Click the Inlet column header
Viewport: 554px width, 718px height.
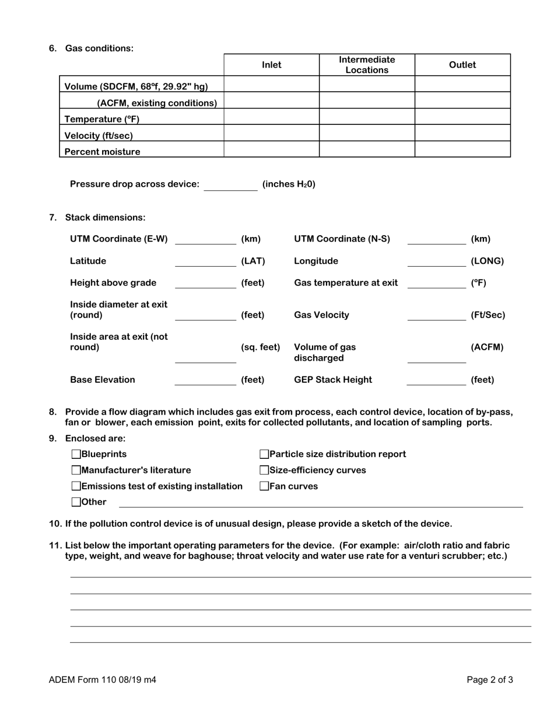(x=271, y=65)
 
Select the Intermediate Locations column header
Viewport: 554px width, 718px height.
(x=367, y=65)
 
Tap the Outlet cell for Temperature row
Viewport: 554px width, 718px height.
(x=462, y=117)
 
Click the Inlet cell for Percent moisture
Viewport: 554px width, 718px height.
(x=271, y=149)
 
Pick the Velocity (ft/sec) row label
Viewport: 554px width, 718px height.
(x=99, y=136)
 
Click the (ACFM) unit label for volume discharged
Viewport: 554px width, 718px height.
(x=487, y=347)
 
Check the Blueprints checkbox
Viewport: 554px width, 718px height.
(x=76, y=454)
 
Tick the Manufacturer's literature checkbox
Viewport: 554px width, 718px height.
(x=76, y=470)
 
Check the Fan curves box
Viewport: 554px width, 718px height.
(x=264, y=486)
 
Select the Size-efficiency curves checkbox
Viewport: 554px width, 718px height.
(x=264, y=470)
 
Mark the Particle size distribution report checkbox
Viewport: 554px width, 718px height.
(x=264, y=454)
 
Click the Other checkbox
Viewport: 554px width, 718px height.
(x=76, y=501)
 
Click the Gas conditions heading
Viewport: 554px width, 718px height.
(x=99, y=48)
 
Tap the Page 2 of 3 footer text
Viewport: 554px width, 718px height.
(x=490, y=679)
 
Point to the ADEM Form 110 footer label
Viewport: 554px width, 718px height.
(x=103, y=679)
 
